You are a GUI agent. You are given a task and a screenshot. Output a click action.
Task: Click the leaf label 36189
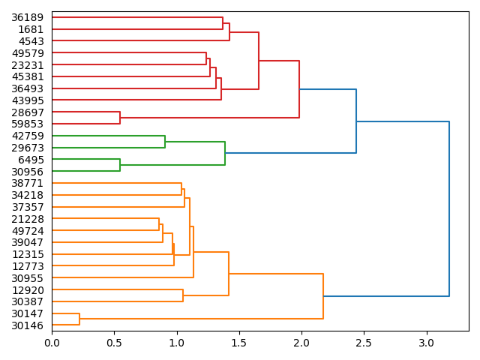27,17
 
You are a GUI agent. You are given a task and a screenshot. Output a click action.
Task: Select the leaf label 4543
31,41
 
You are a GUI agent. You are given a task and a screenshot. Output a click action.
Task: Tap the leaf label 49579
27,53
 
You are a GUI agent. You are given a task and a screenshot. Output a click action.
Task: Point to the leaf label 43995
27,100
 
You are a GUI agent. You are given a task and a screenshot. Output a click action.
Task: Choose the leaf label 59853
27,124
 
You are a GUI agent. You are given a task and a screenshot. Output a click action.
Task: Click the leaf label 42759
27,136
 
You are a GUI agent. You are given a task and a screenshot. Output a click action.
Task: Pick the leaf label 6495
31,160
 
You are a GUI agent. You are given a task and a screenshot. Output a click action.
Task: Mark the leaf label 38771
27,183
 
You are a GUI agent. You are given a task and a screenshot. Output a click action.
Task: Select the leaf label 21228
27,219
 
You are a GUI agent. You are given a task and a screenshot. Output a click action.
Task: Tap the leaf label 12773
27,266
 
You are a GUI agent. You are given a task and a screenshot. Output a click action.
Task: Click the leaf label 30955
27,278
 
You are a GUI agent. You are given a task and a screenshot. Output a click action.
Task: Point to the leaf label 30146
27,325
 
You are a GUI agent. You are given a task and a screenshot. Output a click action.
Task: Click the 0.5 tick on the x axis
114,342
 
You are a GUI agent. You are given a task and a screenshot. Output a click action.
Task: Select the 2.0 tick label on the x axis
301,342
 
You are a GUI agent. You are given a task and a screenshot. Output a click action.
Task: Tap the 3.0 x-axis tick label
427,342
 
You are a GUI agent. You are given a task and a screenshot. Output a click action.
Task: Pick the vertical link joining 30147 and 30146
79,319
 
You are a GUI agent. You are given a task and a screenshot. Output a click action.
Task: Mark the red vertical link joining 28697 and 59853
120,118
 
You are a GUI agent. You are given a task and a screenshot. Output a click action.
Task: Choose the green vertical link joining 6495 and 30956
120,165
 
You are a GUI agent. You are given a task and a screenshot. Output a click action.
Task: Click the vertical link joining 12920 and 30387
183,295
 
